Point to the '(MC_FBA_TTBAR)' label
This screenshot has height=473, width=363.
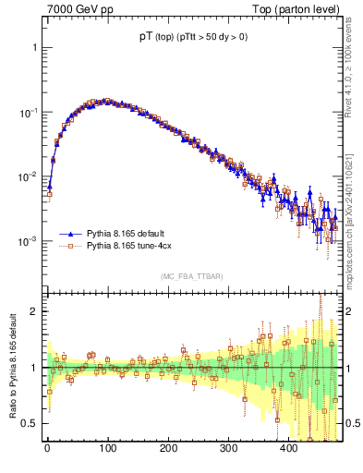pos(192,276)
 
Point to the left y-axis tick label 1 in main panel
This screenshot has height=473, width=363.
pos(33,46)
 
